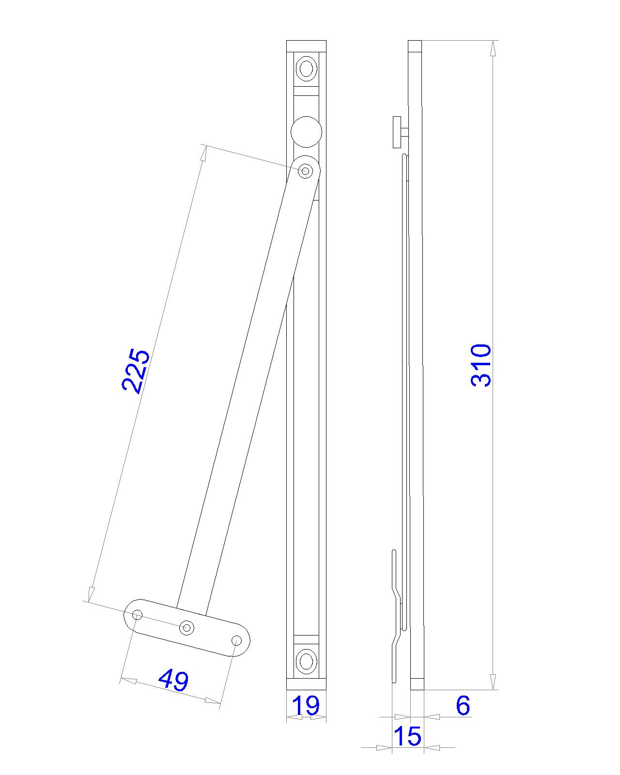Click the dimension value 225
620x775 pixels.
point(135,371)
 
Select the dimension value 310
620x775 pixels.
point(481,365)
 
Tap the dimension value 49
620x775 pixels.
point(173,680)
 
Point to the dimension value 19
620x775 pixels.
point(307,705)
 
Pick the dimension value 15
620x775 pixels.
point(407,736)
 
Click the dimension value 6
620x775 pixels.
point(463,705)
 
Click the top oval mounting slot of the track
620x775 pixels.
point(306,68)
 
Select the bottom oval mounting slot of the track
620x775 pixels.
point(306,661)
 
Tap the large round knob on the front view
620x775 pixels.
point(306,131)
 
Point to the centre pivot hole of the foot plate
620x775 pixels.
point(187,628)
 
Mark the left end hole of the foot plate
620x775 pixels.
point(138,615)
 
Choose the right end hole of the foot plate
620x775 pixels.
point(236,641)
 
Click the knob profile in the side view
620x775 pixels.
point(399,132)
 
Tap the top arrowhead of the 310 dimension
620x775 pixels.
point(493,48)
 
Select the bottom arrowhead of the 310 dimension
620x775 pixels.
point(493,682)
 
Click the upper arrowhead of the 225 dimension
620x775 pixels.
point(204,154)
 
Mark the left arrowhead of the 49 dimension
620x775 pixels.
point(128,681)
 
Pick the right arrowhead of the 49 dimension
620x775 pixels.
point(213,701)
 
